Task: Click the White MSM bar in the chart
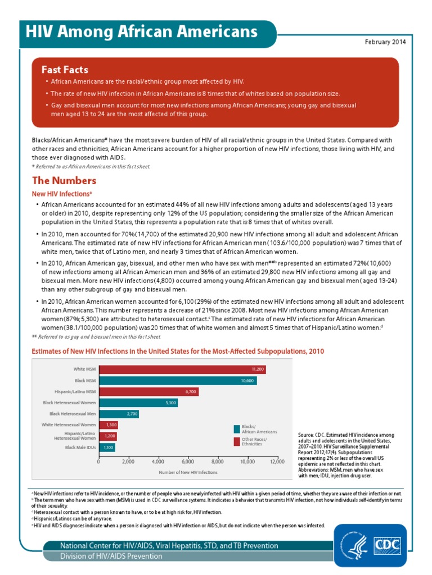[182, 369]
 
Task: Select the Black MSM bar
[178, 380]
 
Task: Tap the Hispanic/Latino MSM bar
[148, 391]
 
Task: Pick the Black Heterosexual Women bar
[138, 403]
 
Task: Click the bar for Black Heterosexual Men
[119, 414]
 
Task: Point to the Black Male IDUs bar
[107, 448]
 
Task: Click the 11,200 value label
[258, 369]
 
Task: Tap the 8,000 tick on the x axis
[218, 461]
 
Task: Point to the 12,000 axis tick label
[277, 461]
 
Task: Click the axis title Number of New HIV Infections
[188, 472]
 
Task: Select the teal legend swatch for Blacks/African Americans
[237, 429]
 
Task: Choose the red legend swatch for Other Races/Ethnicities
[237, 441]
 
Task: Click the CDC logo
[388, 545]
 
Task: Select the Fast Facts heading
[65, 70]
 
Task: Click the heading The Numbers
[64, 181]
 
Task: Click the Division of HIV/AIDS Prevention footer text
[111, 556]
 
